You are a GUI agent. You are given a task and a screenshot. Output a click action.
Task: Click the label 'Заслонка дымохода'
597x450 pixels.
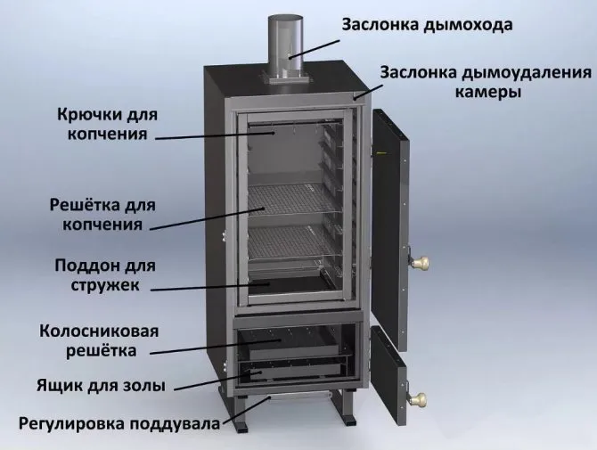pyautogui.click(x=427, y=25)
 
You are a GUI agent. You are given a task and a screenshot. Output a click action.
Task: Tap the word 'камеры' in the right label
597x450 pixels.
pyautogui.click(x=488, y=92)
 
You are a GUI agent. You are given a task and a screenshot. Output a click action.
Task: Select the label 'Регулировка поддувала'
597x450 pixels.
pyautogui.click(x=119, y=424)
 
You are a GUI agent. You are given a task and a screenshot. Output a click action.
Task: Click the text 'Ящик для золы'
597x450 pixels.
pyautogui.click(x=102, y=386)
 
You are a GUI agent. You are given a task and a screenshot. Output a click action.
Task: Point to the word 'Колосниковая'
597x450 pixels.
pyautogui.click(x=99, y=331)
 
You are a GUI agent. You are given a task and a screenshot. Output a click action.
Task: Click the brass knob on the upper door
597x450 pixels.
pyautogui.click(x=419, y=262)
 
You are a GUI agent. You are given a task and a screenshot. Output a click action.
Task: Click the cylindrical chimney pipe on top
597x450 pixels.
pyautogui.click(x=286, y=47)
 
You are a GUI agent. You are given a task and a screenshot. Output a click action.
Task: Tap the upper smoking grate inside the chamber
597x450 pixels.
pyautogui.click(x=292, y=199)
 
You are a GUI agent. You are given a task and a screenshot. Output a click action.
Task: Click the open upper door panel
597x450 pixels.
pyautogui.click(x=390, y=230)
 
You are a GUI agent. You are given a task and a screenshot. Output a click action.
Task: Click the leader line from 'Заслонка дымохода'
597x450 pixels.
pyautogui.click(x=314, y=49)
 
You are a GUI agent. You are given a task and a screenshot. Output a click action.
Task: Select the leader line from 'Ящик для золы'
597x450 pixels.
pyautogui.click(x=217, y=380)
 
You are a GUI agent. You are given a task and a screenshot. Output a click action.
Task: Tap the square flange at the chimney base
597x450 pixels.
pyautogui.click(x=286, y=78)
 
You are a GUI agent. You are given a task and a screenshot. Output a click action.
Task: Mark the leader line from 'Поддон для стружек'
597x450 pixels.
pyautogui.click(x=210, y=286)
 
